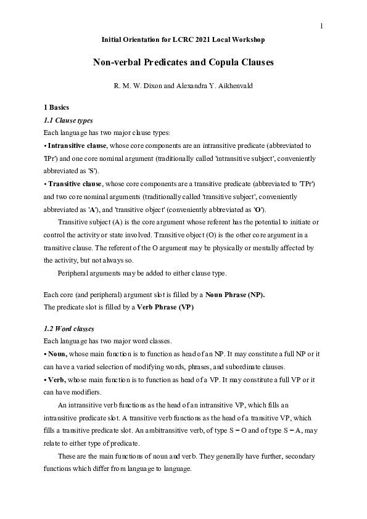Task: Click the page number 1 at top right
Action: point(321,25)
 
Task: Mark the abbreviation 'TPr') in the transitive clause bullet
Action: point(306,184)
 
